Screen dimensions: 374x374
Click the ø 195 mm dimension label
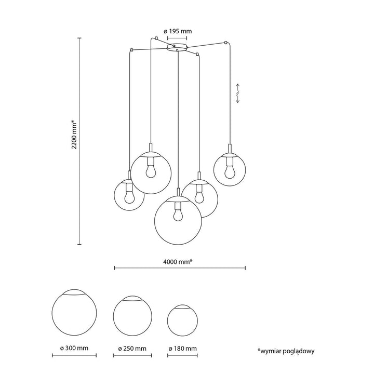coord(178,31)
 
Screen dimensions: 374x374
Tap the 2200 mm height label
coord(75,135)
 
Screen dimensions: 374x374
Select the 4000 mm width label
coord(178,262)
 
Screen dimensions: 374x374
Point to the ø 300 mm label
coord(74,348)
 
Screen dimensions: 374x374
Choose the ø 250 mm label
coord(132,349)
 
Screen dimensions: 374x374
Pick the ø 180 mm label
coord(182,349)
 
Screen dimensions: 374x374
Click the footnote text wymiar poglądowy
coord(286,351)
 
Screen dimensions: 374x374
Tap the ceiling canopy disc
coord(177,47)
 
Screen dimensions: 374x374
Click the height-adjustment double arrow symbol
coord(238,94)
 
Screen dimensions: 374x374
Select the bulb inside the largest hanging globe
coord(178,215)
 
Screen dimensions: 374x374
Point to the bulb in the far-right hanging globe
coord(230,172)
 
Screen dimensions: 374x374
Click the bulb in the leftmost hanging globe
coord(129,197)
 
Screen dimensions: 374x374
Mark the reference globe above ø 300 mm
coord(74,312)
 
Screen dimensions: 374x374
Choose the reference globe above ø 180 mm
coord(182,320)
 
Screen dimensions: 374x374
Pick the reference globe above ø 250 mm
coord(132,316)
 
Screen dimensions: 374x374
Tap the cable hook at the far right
coord(225,43)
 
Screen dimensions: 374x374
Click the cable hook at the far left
coord(131,50)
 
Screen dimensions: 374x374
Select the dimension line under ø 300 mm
coord(74,355)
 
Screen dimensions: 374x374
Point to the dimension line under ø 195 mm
coord(177,38)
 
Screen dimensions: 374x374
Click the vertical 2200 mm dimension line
coord(79,141)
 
